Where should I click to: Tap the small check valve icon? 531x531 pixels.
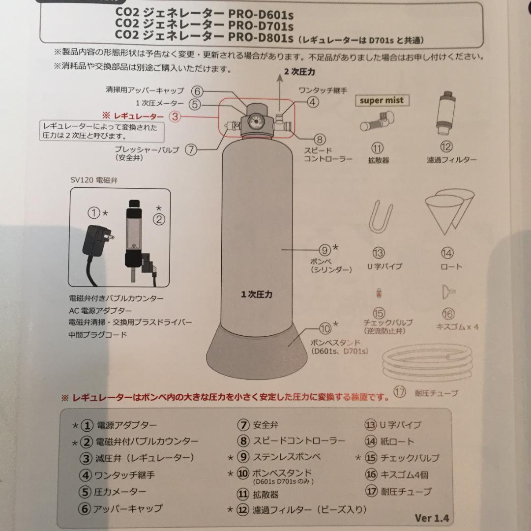coord(379,293)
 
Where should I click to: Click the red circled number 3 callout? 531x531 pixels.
coord(176,116)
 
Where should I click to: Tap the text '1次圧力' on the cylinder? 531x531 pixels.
coord(256,295)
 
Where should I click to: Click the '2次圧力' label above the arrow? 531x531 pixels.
coord(299,72)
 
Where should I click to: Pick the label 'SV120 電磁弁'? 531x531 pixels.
coord(94,180)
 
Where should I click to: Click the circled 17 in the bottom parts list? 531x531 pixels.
coord(371,491)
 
